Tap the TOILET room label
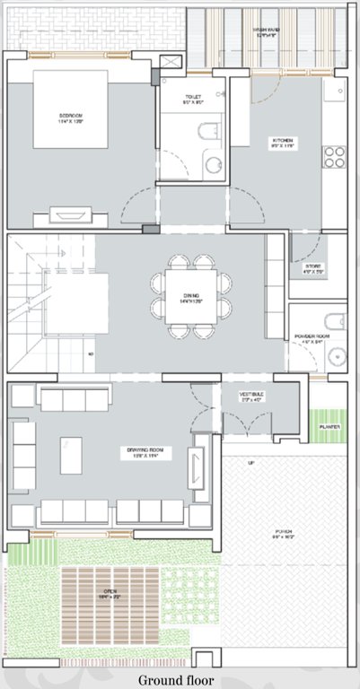click(x=192, y=96)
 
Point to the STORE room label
click(x=312, y=266)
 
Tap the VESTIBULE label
click(x=251, y=395)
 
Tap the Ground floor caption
click(x=180, y=680)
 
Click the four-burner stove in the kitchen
click(x=334, y=157)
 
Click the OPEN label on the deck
click(x=110, y=592)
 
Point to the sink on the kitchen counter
click(x=337, y=91)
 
